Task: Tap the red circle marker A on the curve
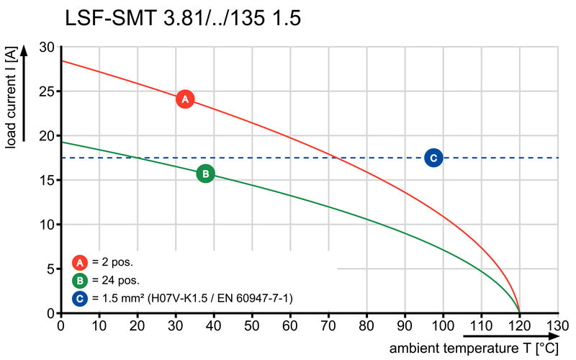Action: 184,99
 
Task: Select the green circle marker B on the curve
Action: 205,174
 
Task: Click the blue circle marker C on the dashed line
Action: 433,158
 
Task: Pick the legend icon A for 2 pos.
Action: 78,262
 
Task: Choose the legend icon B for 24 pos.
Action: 78,280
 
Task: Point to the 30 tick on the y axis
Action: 47,47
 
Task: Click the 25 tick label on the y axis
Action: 47,91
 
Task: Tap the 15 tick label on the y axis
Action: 47,180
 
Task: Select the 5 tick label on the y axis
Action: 50,269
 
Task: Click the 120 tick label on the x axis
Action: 519,326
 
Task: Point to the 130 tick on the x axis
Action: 557,326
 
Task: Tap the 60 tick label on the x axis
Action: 290,326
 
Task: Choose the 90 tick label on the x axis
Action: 405,326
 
